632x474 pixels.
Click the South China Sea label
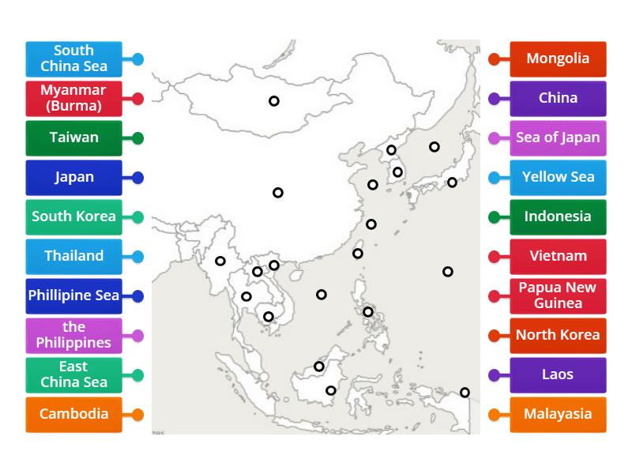coord(73,58)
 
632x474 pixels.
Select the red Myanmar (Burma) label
coord(73,98)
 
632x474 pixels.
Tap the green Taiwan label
coord(73,137)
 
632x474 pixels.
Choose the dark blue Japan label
coord(73,177)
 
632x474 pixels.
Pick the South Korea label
coord(73,216)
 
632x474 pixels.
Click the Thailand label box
coord(73,256)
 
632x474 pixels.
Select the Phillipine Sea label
coord(73,295)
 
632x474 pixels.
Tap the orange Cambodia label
coord(73,414)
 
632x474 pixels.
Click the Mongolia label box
coord(558,58)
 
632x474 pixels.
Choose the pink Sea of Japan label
coord(558,137)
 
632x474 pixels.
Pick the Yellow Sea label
coord(558,177)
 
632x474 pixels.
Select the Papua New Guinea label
coord(558,295)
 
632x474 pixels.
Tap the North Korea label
coord(558,335)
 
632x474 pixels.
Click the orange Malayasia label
coord(558,414)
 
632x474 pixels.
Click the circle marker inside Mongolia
coord(274,101)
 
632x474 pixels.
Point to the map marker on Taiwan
coord(358,254)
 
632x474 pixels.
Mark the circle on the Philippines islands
coord(368,312)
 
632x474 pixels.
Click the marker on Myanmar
coord(220,261)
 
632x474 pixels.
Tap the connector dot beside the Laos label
coord(495,375)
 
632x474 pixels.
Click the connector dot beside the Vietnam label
coord(495,257)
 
